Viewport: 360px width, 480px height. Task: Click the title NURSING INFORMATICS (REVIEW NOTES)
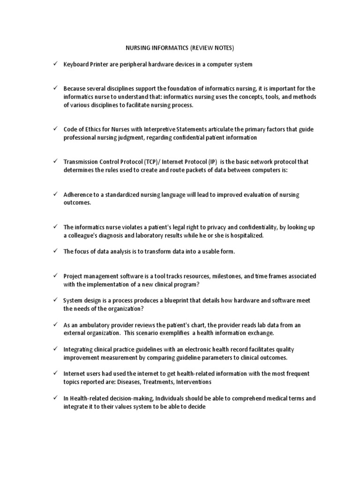(x=180, y=47)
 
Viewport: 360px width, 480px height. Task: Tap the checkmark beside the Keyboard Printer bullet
(x=54, y=64)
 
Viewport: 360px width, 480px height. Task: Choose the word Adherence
(x=79, y=195)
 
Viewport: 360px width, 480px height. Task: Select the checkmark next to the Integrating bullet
(x=54, y=349)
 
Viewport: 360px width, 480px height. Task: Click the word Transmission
(x=82, y=162)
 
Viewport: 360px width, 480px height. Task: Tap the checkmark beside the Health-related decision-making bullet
(x=54, y=398)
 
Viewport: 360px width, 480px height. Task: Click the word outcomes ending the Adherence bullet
(x=77, y=203)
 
